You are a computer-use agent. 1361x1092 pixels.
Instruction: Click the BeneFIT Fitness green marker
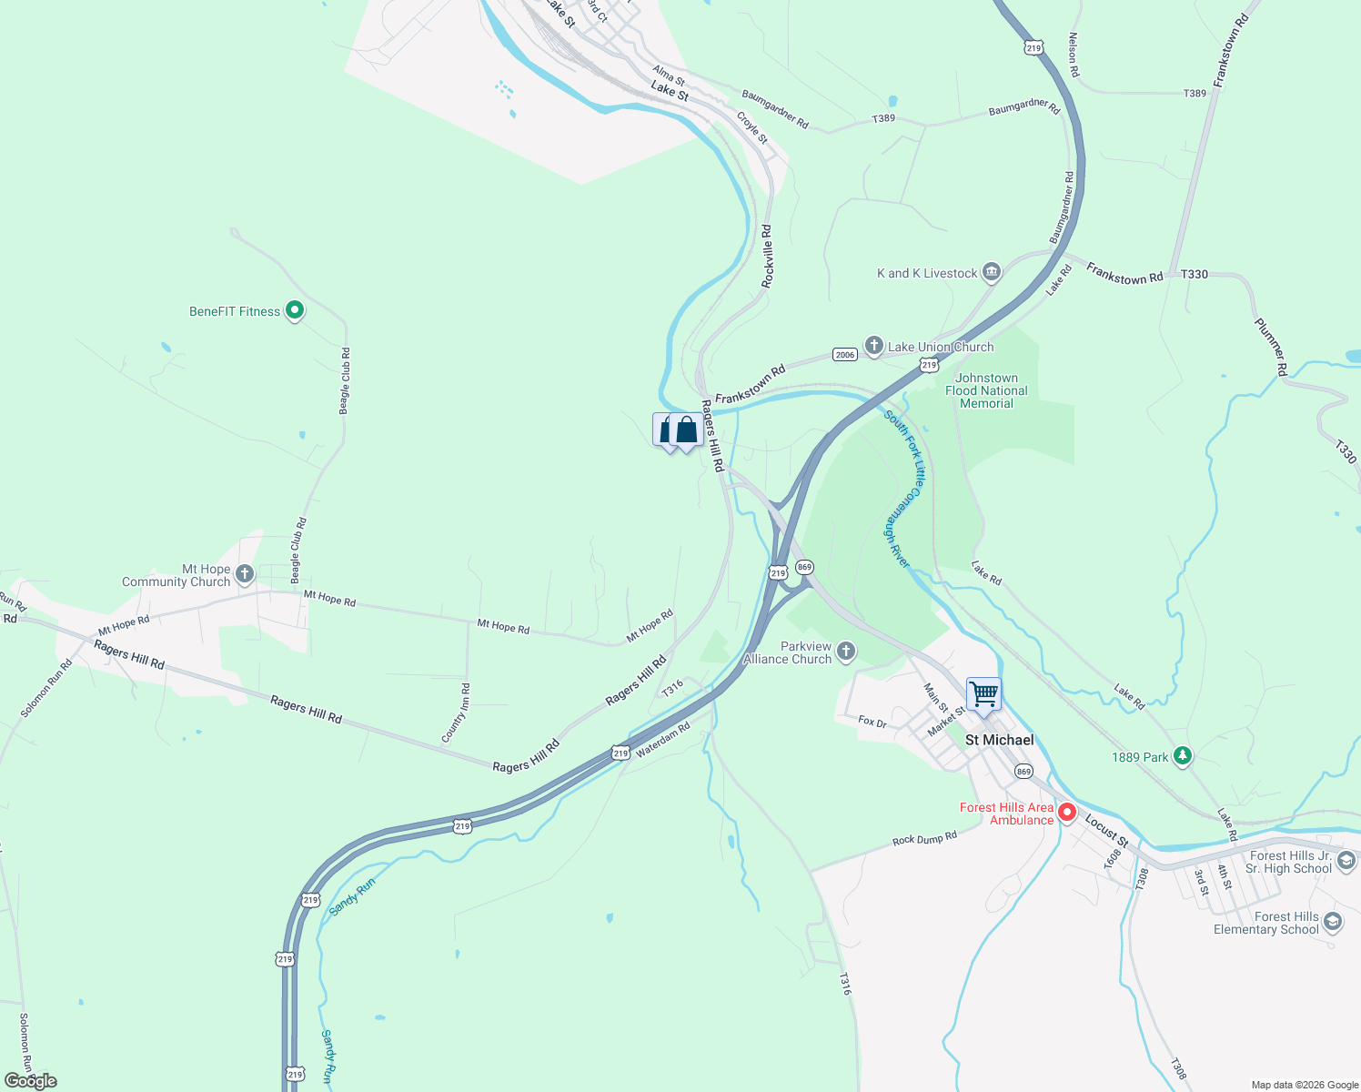[x=294, y=311]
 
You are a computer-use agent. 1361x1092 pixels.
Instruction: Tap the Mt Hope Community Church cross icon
[x=244, y=574]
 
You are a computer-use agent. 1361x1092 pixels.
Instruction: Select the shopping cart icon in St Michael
[x=983, y=694]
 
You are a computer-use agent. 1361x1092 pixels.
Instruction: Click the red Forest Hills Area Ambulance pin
[x=1067, y=812]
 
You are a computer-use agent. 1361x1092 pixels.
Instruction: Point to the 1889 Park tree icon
[x=1182, y=756]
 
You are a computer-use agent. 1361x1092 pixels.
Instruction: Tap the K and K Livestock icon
[x=992, y=272]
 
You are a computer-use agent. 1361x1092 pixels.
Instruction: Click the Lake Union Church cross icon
[x=873, y=346]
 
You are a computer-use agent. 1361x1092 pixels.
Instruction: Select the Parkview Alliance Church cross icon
[x=846, y=651]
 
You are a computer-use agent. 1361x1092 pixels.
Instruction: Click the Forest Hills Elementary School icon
[x=1333, y=923]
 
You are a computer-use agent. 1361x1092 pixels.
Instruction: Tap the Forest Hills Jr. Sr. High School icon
[x=1346, y=861]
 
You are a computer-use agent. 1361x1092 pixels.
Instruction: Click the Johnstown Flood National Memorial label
[x=986, y=390]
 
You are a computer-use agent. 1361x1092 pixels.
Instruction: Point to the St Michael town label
[x=999, y=740]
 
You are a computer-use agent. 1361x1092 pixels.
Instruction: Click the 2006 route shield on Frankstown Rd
[x=845, y=355]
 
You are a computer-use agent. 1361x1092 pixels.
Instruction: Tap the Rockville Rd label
[x=767, y=257]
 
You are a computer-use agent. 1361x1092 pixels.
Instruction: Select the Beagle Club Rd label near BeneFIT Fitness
[x=345, y=381]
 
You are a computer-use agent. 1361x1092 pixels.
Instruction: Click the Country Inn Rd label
[x=456, y=713]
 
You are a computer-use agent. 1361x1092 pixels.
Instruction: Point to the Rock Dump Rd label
[x=924, y=838]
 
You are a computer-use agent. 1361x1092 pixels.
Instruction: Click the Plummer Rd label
[x=1271, y=347]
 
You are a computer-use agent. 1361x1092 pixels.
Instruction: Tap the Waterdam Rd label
[x=662, y=740]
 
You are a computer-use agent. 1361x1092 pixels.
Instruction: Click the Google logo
[x=31, y=1081]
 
